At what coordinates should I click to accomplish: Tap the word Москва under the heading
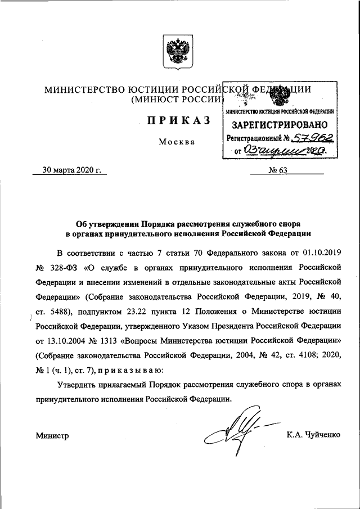[x=176, y=142]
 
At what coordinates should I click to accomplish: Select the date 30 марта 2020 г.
[x=74, y=170]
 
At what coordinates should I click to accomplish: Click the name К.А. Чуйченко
[x=313, y=434]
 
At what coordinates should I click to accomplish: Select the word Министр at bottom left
[x=52, y=435]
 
